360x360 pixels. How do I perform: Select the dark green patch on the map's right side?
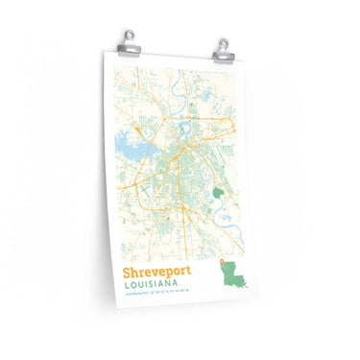pos(222,170)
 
